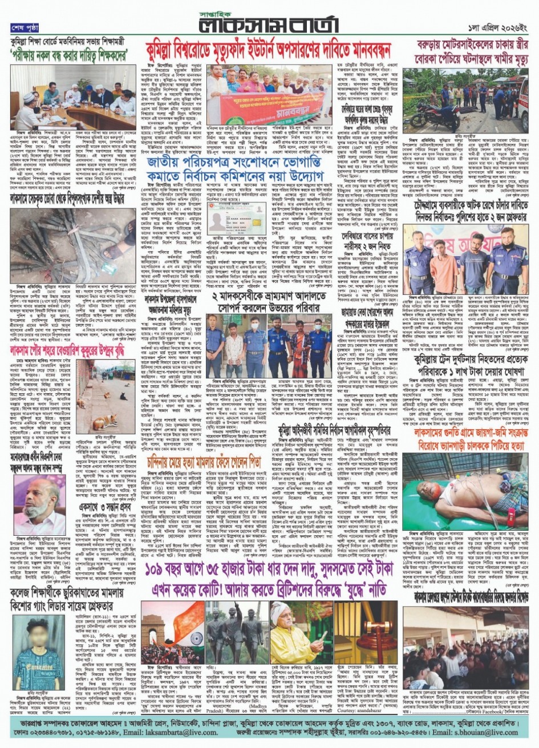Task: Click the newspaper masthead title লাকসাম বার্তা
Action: tap(269, 25)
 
